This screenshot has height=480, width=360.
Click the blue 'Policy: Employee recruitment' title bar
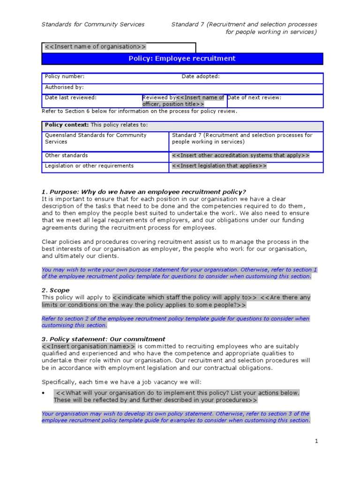pos(182,59)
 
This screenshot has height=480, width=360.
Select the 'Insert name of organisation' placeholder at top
pos(95,47)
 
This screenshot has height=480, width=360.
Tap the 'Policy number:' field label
pos(65,76)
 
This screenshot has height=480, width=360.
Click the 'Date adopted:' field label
pos(201,76)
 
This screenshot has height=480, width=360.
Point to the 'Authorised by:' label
pos(64,87)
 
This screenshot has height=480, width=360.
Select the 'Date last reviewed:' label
pos(71,97)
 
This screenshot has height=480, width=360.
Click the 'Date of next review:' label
pos(255,97)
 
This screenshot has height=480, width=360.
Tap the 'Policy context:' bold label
pos(67,125)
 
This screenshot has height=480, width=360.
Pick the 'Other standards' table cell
pos(66,155)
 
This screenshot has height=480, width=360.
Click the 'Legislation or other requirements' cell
pos(89,165)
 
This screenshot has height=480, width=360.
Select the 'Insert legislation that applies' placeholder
pos(219,166)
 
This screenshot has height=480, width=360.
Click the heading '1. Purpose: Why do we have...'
pos(143,192)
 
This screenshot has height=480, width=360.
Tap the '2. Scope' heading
pos(55,290)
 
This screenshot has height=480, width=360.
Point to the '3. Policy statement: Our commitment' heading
pos(103,339)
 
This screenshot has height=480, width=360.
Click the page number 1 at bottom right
pos(316,441)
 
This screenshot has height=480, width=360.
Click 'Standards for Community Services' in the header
pos(93,24)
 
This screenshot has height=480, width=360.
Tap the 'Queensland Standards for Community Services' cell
pos(96,138)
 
